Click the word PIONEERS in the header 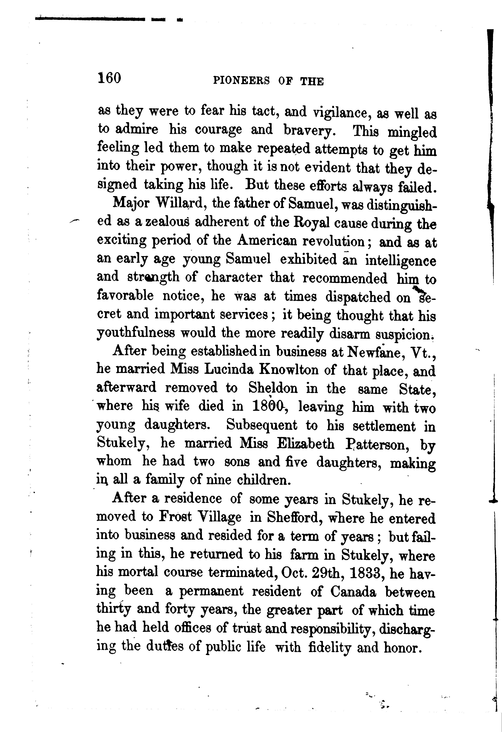pos(241,81)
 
